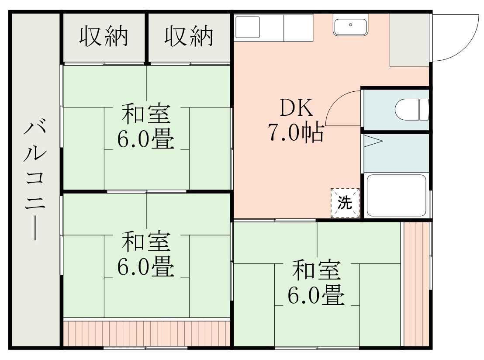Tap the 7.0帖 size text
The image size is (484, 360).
[296, 132]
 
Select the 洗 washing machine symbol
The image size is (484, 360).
[345, 203]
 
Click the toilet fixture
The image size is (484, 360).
[412, 109]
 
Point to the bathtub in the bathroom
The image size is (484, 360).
[396, 195]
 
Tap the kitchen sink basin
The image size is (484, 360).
[351, 25]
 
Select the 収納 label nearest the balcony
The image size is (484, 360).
[104, 37]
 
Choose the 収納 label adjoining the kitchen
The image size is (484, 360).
[189, 37]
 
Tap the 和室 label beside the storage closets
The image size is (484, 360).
[146, 114]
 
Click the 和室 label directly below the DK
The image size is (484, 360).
[316, 270]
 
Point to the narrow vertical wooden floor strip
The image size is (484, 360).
[416, 284]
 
